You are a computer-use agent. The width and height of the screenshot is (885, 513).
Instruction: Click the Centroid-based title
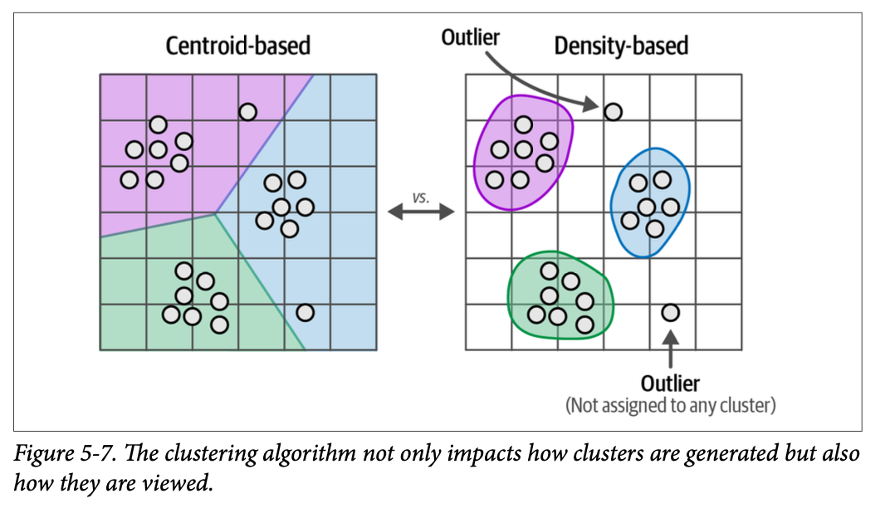[237, 45]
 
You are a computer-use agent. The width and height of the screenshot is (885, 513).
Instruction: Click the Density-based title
[621, 45]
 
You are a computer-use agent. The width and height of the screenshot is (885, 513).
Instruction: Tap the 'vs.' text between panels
[421, 198]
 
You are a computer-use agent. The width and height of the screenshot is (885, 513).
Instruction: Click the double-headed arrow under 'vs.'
[421, 213]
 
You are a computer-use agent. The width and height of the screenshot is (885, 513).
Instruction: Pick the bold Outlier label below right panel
[670, 384]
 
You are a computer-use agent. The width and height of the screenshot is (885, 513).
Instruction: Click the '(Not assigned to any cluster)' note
[670, 406]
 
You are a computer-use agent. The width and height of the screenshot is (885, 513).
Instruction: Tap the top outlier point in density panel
[613, 110]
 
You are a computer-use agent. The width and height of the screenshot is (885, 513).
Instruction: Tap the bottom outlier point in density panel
[670, 312]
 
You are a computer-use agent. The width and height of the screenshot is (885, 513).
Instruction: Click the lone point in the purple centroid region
[247, 111]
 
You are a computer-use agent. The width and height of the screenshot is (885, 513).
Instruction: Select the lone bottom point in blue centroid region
[305, 312]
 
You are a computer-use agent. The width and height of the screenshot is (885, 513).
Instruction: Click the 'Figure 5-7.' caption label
[56, 455]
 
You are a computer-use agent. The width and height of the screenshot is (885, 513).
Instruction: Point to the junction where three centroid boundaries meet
[215, 213]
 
